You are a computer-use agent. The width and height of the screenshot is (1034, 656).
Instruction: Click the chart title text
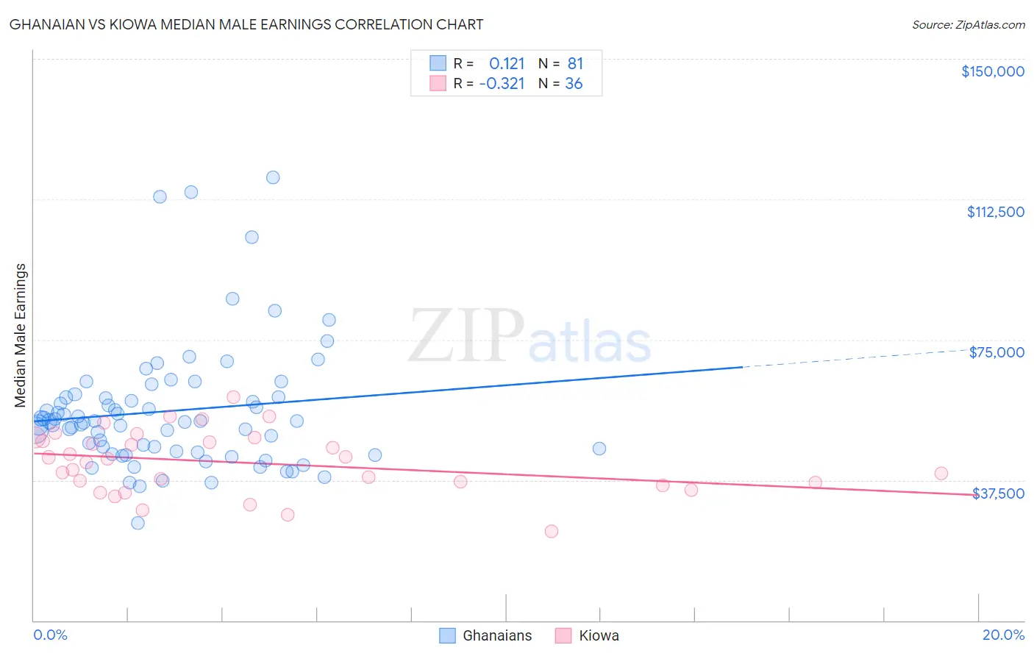click(x=246, y=24)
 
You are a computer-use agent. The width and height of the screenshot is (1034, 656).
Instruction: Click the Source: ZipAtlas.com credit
click(x=968, y=24)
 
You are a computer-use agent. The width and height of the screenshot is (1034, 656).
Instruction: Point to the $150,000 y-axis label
click(x=992, y=71)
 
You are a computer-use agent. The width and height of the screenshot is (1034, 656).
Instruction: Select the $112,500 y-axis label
click(x=995, y=212)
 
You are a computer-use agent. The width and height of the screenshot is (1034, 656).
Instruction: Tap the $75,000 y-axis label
click(x=996, y=352)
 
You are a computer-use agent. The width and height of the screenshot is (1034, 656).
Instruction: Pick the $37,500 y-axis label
click(x=998, y=493)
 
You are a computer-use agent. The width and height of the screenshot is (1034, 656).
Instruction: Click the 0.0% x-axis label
click(x=50, y=635)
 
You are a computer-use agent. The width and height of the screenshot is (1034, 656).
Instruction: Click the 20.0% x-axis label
click(x=1003, y=635)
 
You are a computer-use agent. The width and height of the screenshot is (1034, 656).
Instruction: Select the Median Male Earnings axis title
click(x=21, y=335)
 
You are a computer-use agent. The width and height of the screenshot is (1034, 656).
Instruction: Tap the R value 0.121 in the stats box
click(x=507, y=63)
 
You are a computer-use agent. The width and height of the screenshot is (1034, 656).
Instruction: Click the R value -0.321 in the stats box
click(x=502, y=83)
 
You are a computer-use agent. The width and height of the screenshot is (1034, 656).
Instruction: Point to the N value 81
click(x=575, y=63)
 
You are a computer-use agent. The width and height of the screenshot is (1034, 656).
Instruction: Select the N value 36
click(x=574, y=83)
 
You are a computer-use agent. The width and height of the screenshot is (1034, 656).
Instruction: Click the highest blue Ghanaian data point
click(x=273, y=177)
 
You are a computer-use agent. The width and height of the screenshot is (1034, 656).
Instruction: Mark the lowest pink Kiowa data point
click(x=552, y=531)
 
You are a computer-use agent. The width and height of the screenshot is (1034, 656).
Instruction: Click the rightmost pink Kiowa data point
click(x=941, y=474)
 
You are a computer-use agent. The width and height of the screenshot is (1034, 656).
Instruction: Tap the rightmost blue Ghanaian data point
click(x=599, y=449)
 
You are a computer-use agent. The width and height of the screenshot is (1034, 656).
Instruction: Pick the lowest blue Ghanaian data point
click(x=138, y=523)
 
